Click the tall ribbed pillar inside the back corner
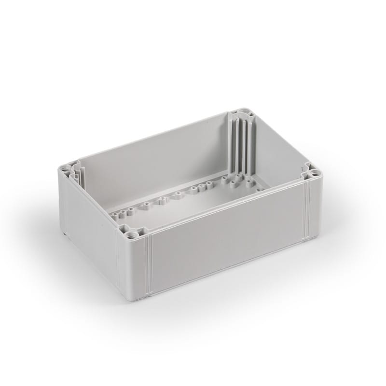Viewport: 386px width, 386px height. coord(242,145)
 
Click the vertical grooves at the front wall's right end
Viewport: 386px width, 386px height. coord(305,212)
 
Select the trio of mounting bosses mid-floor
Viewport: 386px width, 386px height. coord(199,187)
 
